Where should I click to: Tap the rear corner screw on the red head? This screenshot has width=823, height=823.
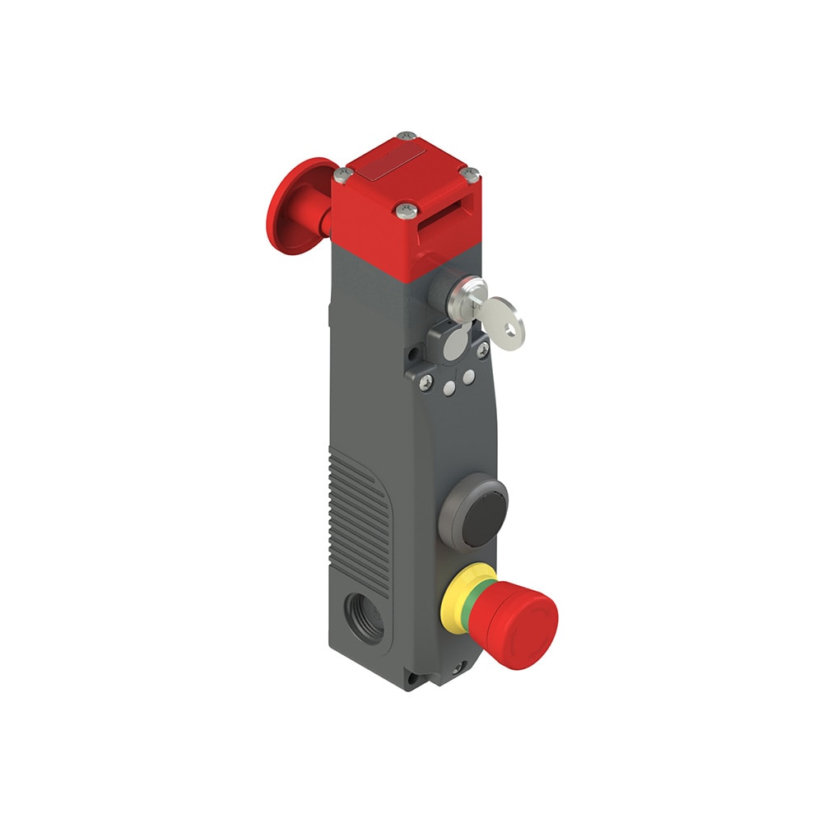tap(403, 137)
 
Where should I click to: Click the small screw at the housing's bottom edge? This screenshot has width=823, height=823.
tap(457, 670)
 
